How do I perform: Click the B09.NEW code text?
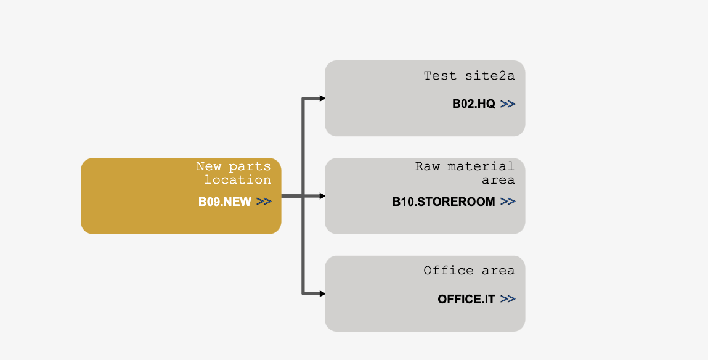click(225, 202)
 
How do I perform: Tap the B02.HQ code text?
click(474, 104)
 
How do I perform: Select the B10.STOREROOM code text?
click(444, 202)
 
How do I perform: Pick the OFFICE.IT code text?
click(466, 299)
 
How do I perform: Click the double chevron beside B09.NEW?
click(264, 202)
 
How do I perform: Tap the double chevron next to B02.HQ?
click(508, 104)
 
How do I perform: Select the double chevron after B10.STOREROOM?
click(508, 202)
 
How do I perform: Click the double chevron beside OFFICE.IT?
click(508, 299)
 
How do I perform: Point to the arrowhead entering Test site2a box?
click(322, 99)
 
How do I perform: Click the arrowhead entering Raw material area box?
click(322, 196)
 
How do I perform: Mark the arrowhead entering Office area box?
click(322, 293)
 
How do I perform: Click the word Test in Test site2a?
click(440, 75)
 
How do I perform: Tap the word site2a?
click(490, 75)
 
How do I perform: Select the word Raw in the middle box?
click(428, 166)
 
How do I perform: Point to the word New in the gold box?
click(209, 166)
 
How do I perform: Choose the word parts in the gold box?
click(250, 167)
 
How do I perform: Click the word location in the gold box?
click(237, 180)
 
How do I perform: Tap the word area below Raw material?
click(498, 180)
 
